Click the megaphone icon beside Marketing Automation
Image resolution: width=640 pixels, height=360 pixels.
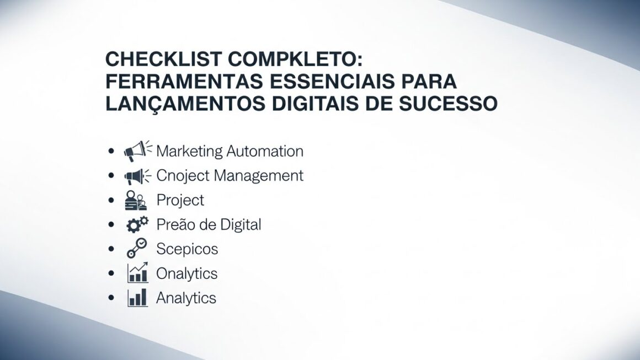[x=137, y=151]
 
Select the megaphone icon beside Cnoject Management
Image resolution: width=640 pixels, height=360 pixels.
[x=137, y=176]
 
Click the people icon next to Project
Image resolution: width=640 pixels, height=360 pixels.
[x=136, y=200]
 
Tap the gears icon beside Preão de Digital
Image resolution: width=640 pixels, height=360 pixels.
[x=137, y=224]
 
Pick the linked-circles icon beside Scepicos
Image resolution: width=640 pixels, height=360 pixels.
[x=136, y=249]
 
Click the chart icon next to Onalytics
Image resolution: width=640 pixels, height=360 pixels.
[x=137, y=273]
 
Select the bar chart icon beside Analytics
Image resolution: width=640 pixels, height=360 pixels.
[x=137, y=298]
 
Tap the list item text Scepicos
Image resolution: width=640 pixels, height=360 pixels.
[x=187, y=249]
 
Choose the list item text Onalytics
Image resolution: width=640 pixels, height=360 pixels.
[x=187, y=273]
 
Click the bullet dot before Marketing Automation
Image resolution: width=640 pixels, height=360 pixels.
[x=112, y=151]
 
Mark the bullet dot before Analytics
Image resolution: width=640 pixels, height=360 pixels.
[x=112, y=298]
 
